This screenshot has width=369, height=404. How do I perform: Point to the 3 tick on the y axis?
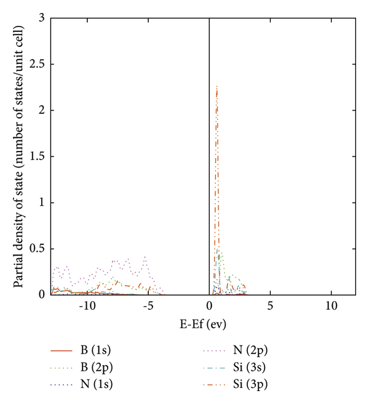41,18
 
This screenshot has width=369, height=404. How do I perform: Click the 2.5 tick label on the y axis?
38,65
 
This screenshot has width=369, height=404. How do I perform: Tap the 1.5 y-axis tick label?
38,156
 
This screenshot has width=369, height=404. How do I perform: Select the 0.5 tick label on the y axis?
38,248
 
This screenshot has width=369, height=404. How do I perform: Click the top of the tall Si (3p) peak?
217,86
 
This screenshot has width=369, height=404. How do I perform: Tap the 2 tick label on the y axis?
41,111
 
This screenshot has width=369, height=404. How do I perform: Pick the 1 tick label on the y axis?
41,203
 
